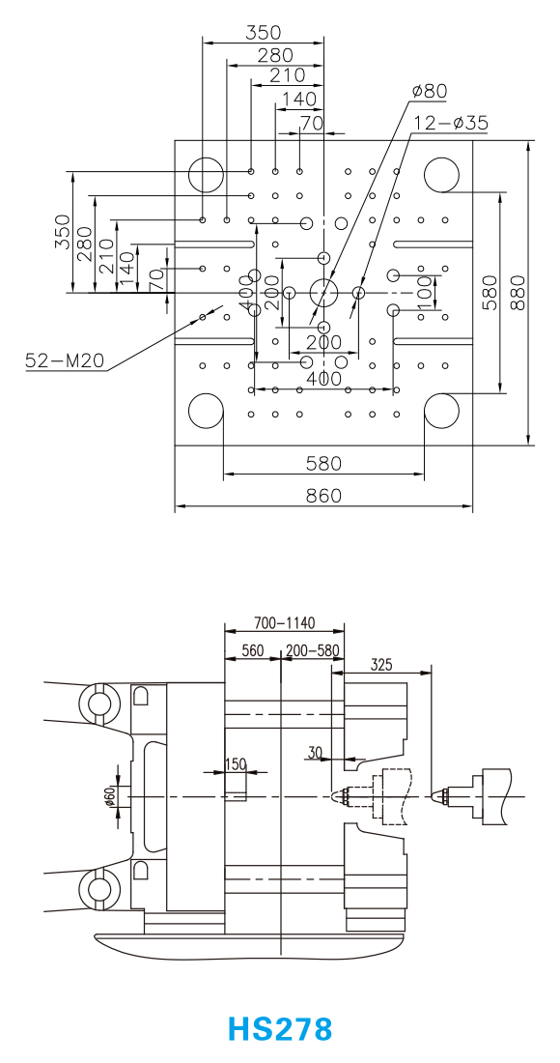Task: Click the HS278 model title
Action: pyautogui.click(x=280, y=1028)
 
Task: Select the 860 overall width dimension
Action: pyautogui.click(x=323, y=496)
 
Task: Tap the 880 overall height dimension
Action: pyautogui.click(x=518, y=292)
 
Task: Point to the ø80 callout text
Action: pyautogui.click(x=430, y=91)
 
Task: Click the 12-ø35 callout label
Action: pyautogui.click(x=451, y=123)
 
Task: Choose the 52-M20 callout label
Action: pyautogui.click(x=65, y=360)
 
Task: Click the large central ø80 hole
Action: pyautogui.click(x=323, y=292)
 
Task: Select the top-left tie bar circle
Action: pyautogui.click(x=206, y=174)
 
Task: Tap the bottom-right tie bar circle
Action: pyautogui.click(x=441, y=411)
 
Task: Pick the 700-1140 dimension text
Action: pyautogui.click(x=285, y=622)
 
